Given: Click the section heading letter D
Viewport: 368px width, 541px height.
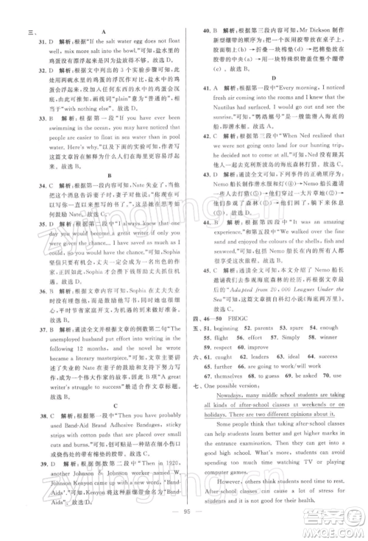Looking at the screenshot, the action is pos(274,77).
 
